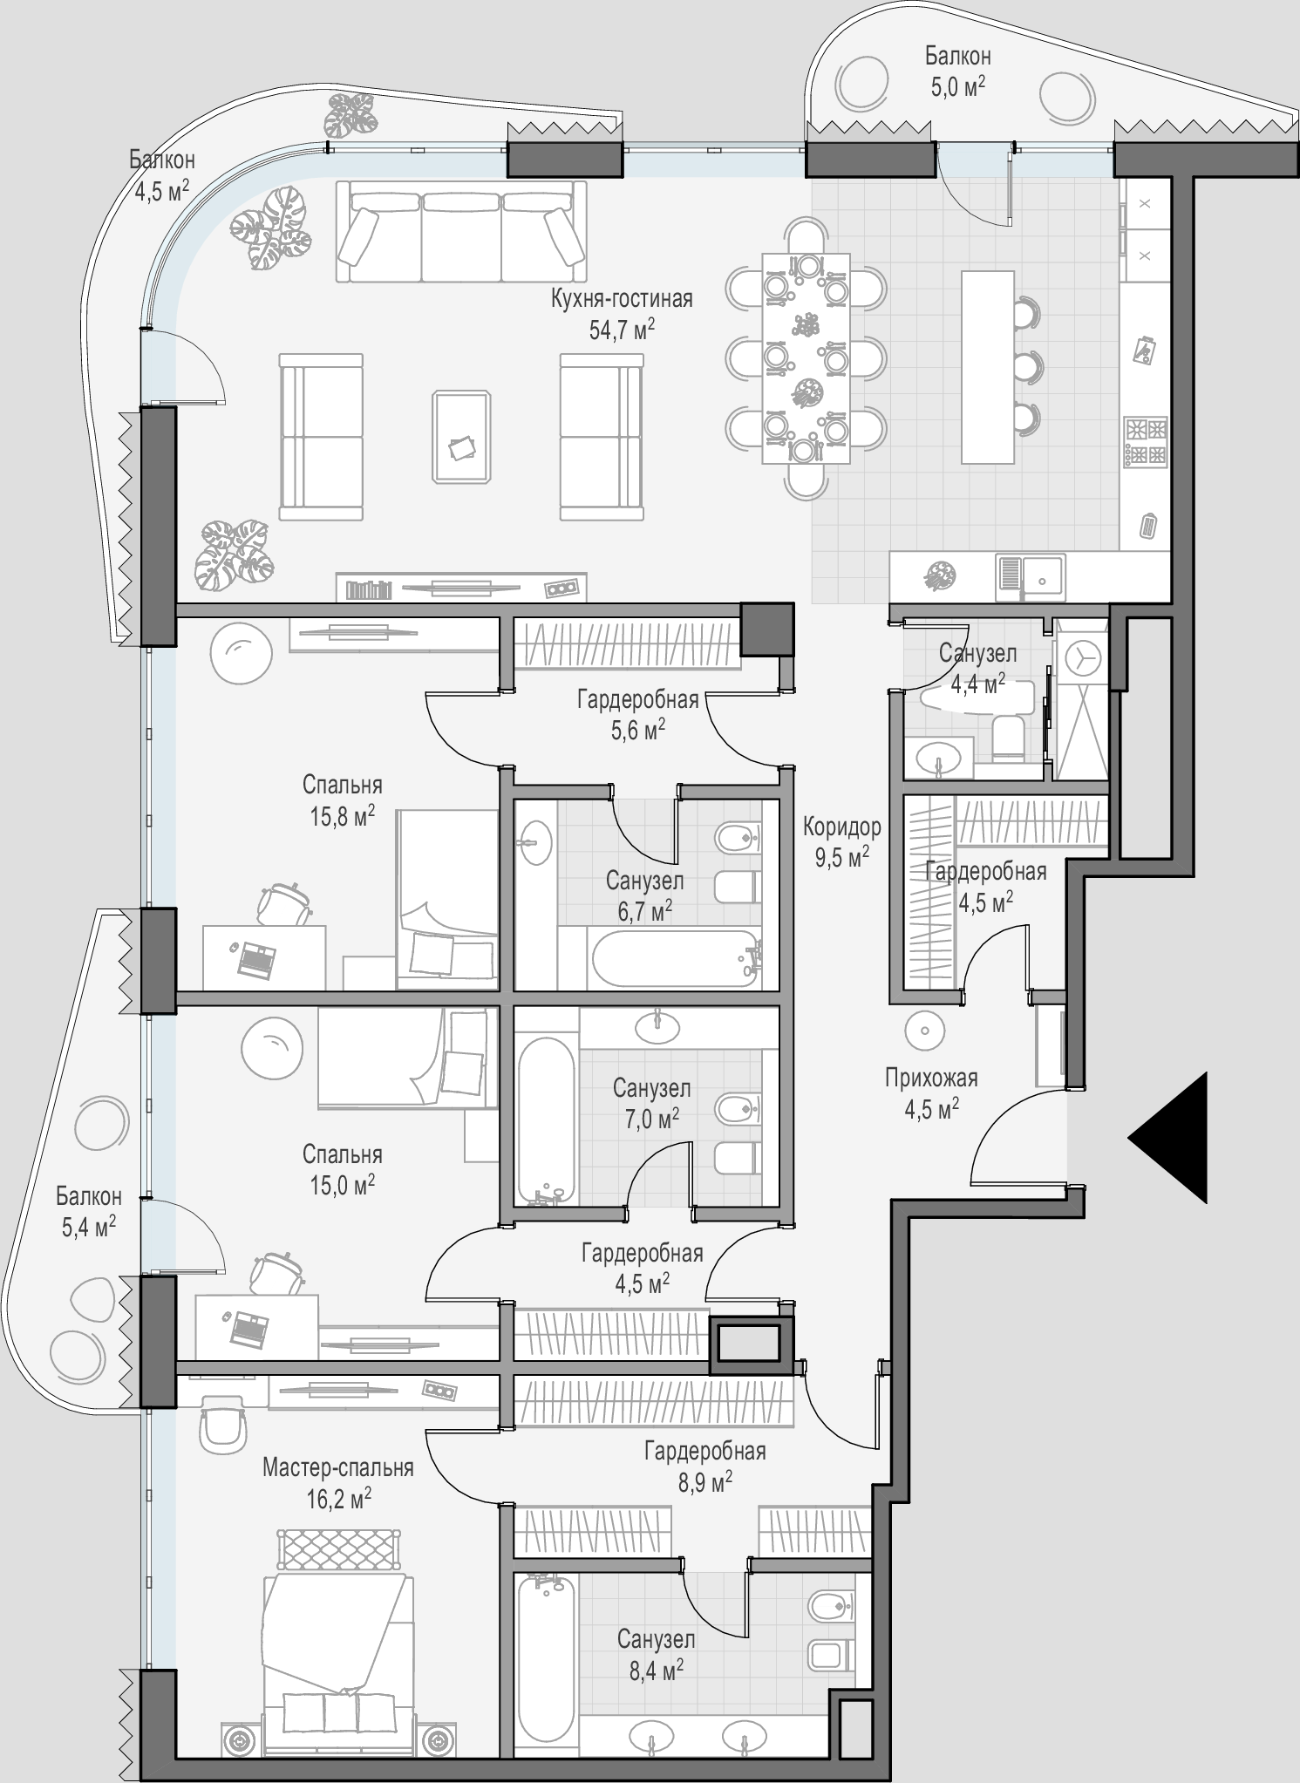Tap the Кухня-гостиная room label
click(x=622, y=299)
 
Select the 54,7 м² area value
click(x=622, y=329)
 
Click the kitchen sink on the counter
click(x=1030, y=578)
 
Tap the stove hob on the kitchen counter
click(x=1146, y=443)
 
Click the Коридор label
click(x=841, y=826)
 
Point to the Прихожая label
click(x=931, y=1078)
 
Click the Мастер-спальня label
click(x=338, y=1468)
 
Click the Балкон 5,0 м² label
click(x=957, y=70)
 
